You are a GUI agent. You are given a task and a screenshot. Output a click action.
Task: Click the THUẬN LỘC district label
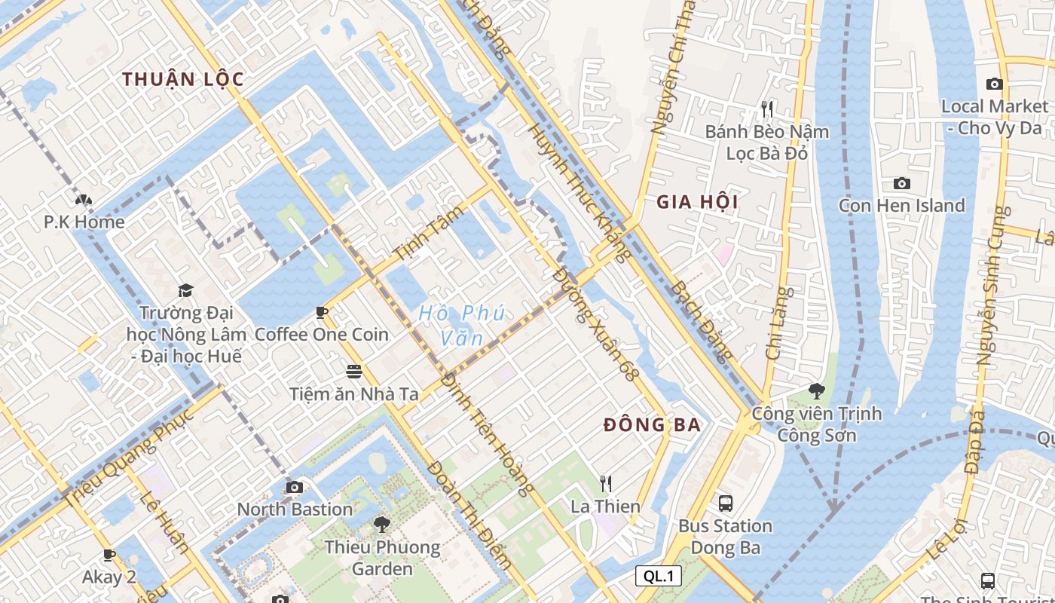[x=183, y=79]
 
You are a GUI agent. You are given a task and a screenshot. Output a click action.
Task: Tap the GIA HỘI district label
[x=697, y=202]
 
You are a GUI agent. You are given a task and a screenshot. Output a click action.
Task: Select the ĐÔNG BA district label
[x=653, y=425]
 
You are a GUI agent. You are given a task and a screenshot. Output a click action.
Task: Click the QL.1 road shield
[x=658, y=577]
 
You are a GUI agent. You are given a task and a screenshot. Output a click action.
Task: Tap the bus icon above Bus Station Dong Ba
[x=725, y=504]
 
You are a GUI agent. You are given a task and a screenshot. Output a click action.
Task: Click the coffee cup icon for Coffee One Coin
[x=322, y=312]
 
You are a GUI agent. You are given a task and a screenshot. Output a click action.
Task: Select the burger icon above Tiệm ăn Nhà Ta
[x=354, y=371]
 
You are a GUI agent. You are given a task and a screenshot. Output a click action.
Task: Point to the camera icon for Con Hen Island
[x=901, y=183]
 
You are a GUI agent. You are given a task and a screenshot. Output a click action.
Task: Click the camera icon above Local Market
[x=995, y=84]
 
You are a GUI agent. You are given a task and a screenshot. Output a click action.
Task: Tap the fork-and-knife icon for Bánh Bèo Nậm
[x=767, y=109]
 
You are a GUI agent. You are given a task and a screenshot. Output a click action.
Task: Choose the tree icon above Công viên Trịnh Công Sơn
[x=816, y=390]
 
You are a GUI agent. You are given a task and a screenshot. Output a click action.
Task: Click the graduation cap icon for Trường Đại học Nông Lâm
[x=185, y=290]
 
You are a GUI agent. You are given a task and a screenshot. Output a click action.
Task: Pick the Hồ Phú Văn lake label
[x=461, y=325]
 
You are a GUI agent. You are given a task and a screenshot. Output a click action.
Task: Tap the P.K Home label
[x=84, y=222]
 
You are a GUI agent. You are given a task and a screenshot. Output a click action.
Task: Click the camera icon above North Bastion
[x=295, y=487]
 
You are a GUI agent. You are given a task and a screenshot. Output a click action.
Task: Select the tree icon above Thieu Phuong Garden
[x=382, y=524]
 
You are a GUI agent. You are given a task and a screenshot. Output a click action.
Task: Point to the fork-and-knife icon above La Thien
[x=605, y=483]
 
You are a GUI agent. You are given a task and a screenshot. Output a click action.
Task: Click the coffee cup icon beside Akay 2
[x=109, y=555]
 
